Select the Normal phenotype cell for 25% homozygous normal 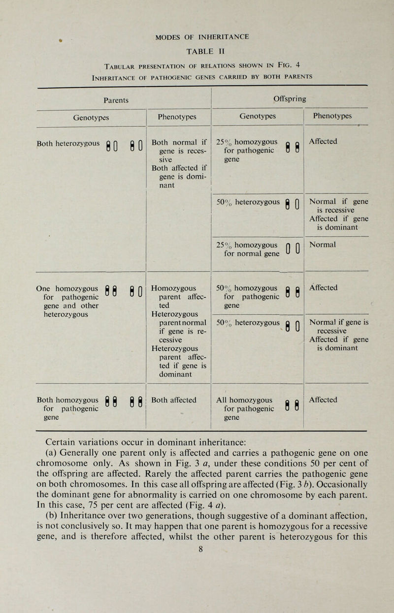tap(322, 243)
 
